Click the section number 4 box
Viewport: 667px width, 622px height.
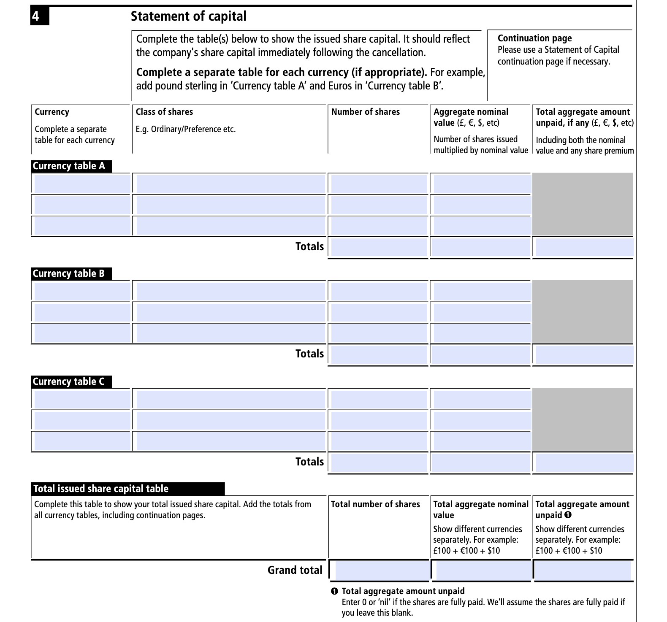point(39,16)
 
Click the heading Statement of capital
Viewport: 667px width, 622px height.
point(188,16)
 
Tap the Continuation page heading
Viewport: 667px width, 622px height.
point(534,38)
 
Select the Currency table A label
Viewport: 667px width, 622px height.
point(69,166)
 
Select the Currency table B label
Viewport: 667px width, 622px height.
point(69,273)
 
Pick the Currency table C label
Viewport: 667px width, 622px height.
point(69,381)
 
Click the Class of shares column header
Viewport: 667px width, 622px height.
point(164,112)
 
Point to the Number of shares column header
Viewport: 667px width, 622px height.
point(365,112)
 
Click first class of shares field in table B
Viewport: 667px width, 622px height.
point(230,291)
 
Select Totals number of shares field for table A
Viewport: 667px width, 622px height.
point(379,247)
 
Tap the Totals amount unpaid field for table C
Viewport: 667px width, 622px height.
point(583,463)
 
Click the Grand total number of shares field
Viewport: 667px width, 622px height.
point(381,571)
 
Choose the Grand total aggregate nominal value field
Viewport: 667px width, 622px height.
point(482,571)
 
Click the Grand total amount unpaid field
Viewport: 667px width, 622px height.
point(583,571)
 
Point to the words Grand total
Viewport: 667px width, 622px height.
point(295,571)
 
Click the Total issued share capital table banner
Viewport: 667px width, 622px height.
point(127,489)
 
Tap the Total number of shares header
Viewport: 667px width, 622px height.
point(375,504)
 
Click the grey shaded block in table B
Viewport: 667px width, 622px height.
point(583,311)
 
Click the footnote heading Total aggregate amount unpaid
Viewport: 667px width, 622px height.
point(403,591)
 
